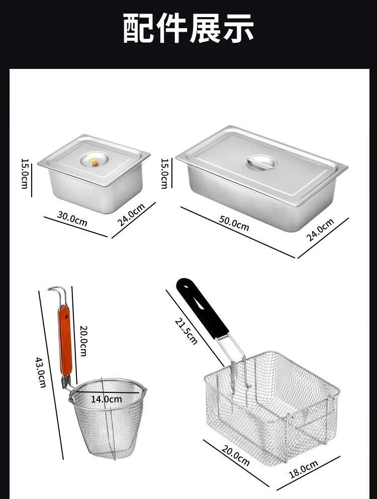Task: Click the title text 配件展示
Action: point(188,28)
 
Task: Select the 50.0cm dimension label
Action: point(234,223)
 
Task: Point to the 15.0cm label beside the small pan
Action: point(25,174)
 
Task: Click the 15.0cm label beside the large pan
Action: point(164,174)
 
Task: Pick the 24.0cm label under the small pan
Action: point(131,215)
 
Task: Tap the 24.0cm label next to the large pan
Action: point(320,230)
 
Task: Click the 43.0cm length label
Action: point(40,372)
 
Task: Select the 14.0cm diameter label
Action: point(107,399)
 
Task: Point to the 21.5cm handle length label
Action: point(186,331)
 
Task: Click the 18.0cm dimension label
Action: point(304,469)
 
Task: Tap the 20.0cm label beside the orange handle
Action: point(83,341)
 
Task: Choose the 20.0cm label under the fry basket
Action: point(235,455)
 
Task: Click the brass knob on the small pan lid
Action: point(95,162)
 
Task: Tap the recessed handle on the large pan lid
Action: point(260,162)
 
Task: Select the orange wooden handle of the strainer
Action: point(65,341)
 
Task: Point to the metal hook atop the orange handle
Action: point(58,294)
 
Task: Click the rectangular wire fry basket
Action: point(272,407)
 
